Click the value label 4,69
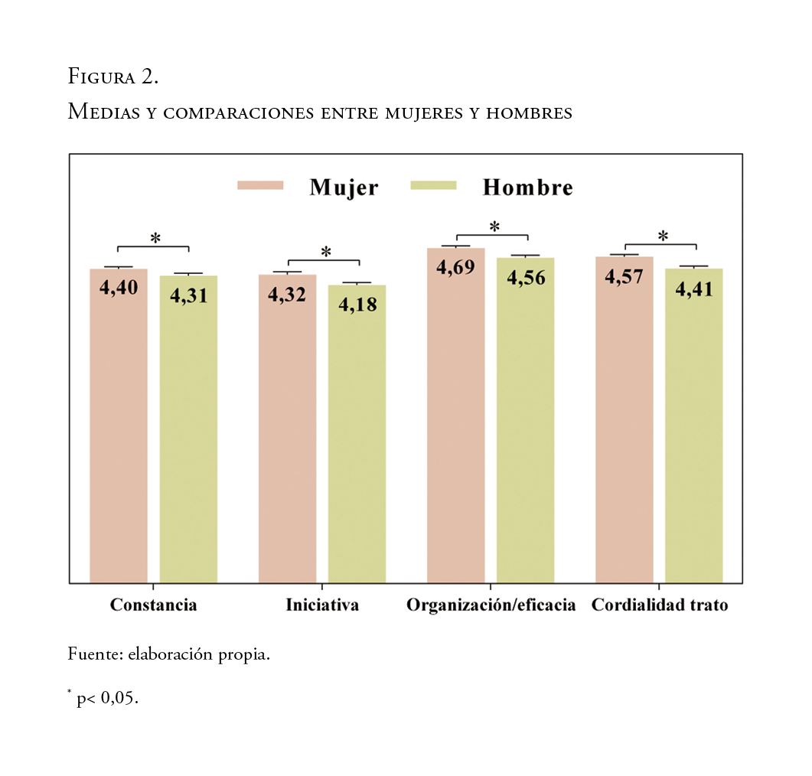(456, 267)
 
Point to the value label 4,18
(357, 304)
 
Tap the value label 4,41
(694, 289)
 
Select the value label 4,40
(119, 288)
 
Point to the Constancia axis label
(153, 605)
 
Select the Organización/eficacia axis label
(491, 605)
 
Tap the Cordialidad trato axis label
(660, 605)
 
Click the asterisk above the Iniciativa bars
(326, 252)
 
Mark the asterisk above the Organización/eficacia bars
(494, 227)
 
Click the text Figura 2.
(113, 77)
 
